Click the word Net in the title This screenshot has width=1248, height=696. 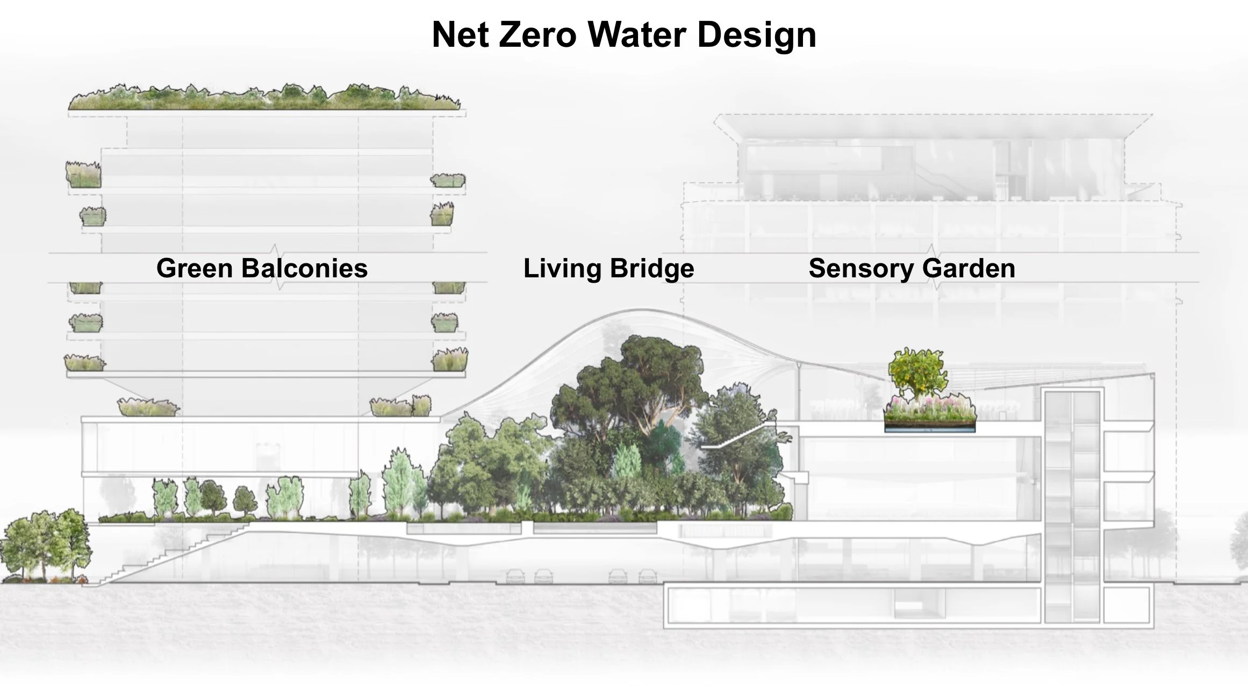[461, 35]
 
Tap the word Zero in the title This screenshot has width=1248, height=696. [537, 35]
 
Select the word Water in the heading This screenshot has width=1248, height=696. [637, 35]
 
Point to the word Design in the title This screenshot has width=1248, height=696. [757, 35]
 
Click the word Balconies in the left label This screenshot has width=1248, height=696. [304, 268]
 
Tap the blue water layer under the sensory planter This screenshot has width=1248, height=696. [930, 429]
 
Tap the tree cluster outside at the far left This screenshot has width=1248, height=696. [46, 546]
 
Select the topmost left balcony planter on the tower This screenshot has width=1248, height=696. [83, 175]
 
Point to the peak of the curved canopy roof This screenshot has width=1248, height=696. [642, 310]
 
